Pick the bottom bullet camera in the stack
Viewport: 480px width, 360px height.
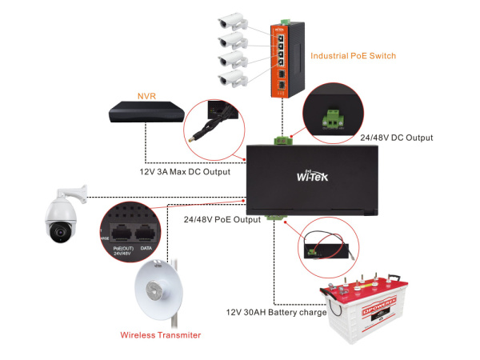coord(232,78)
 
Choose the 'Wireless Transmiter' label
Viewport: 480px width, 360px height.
coord(160,334)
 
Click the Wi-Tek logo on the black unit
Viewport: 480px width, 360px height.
coord(314,177)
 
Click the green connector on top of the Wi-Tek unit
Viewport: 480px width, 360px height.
coord(282,142)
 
